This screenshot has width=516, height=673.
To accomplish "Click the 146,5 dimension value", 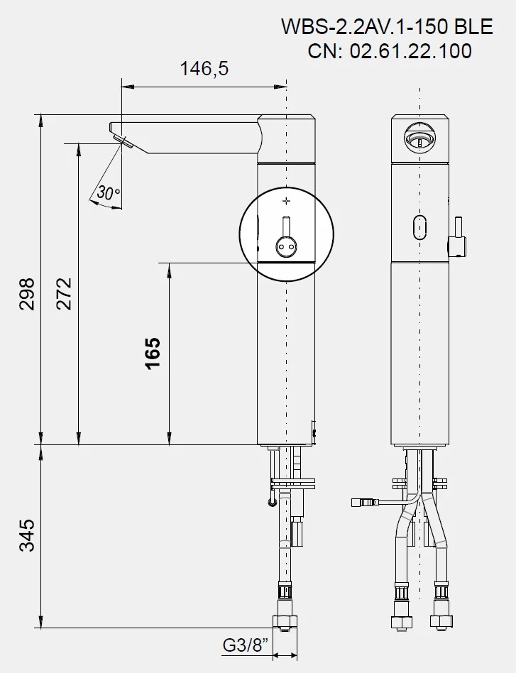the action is [204, 69].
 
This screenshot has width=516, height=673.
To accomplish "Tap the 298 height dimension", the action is [27, 294].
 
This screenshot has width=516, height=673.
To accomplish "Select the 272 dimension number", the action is [65, 294].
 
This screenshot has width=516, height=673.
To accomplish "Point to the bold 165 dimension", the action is [153, 353].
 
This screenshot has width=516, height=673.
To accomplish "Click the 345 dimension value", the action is [27, 535].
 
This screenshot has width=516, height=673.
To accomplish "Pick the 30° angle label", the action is [108, 193].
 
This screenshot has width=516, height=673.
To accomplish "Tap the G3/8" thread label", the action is [245, 645].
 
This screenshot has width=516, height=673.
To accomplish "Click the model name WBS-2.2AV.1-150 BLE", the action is [387, 26].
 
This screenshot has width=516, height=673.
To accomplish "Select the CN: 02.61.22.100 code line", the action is [390, 50].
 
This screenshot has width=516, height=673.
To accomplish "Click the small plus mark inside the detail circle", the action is [286, 200].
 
